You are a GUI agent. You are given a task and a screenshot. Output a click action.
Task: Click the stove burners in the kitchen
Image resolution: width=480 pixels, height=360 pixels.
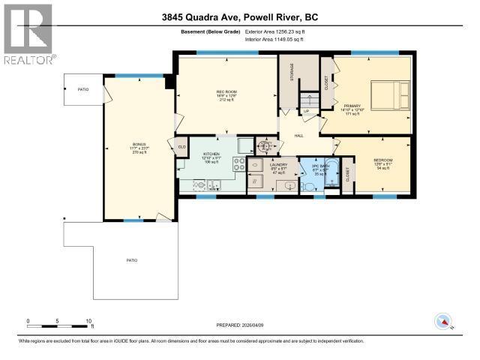240,164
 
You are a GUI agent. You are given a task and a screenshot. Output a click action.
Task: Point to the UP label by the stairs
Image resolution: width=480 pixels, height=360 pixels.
307,112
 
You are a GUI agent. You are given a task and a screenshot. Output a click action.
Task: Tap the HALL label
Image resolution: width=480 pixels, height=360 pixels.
298,136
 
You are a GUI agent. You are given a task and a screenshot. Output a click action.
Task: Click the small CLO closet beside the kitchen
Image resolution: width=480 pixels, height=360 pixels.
181,146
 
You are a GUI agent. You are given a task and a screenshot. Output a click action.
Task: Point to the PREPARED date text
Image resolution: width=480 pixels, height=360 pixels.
239,323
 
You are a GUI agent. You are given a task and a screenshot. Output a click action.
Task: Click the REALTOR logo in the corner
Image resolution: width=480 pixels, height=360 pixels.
27,34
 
